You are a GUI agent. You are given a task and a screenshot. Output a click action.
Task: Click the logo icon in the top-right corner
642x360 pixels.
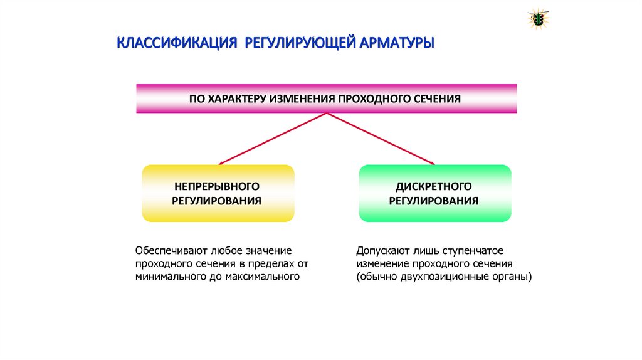(538, 19)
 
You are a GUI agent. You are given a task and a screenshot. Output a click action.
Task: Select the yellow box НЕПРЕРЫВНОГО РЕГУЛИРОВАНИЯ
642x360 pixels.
(218, 193)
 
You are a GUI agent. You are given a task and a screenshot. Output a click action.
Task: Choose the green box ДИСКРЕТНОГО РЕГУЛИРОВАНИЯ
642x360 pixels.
(434, 193)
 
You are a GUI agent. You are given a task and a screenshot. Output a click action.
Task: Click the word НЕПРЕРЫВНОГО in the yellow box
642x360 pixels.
(217, 186)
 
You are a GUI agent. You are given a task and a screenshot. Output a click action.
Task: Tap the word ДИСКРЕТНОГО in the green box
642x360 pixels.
(434, 186)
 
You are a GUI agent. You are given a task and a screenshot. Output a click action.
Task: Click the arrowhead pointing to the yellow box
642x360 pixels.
(220, 163)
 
